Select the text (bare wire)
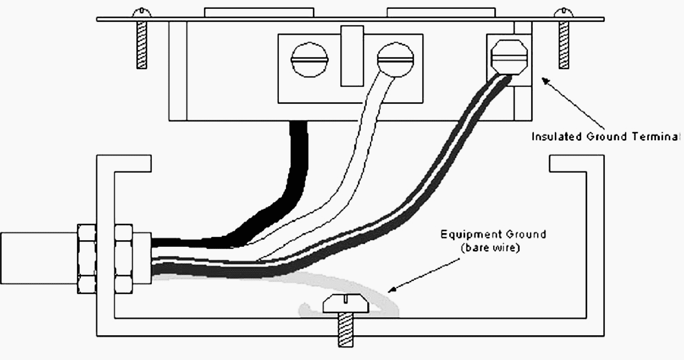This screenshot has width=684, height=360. click(x=489, y=248)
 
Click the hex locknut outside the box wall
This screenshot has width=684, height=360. click(x=87, y=258)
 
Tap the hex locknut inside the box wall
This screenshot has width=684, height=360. click(x=124, y=258)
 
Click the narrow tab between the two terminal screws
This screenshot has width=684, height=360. click(x=352, y=56)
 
